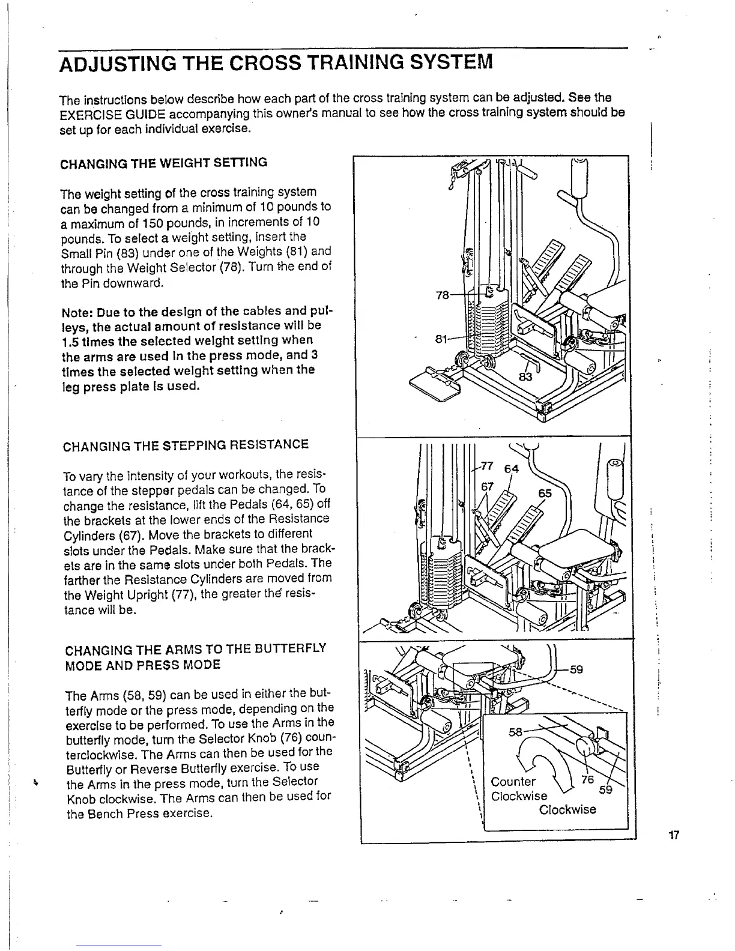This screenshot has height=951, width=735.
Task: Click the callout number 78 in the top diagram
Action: pos(442,295)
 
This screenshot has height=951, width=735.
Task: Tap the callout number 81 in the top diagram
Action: pos(441,339)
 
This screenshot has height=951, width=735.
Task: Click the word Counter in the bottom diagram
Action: pos(513,782)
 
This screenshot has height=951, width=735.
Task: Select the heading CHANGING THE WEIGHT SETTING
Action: pos(164,163)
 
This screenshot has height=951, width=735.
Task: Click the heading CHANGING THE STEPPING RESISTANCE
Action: pos(186,445)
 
